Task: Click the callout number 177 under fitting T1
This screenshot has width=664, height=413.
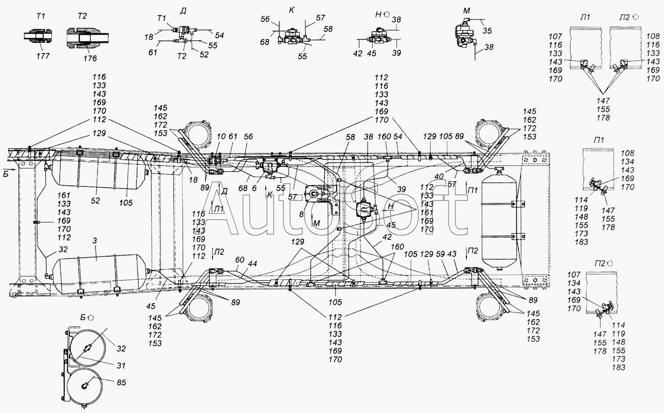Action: pyautogui.click(x=43, y=56)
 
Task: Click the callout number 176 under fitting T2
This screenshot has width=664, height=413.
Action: pyautogui.click(x=90, y=58)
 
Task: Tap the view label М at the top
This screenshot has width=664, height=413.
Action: pyautogui.click(x=466, y=11)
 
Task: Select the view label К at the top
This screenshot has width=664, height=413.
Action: pyautogui.click(x=292, y=10)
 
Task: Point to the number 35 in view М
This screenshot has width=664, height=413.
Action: pyautogui.click(x=487, y=31)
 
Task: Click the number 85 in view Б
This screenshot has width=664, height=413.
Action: pyautogui.click(x=121, y=382)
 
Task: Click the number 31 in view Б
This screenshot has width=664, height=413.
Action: pyautogui.click(x=121, y=366)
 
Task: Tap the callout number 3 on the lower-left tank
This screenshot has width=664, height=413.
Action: pyautogui.click(x=94, y=241)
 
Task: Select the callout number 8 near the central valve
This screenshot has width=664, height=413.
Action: pyautogui.click(x=301, y=214)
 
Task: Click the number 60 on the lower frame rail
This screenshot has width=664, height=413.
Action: pyautogui.click(x=240, y=260)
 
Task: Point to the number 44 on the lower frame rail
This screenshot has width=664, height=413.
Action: pyautogui.click(x=252, y=264)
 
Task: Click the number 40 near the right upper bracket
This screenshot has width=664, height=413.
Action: pyautogui.click(x=439, y=176)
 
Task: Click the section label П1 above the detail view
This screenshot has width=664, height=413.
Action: pyautogui.click(x=599, y=140)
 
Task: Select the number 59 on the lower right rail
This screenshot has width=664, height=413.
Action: pyautogui.click(x=440, y=254)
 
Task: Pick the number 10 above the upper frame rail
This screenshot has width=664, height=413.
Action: pyautogui.click(x=221, y=136)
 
